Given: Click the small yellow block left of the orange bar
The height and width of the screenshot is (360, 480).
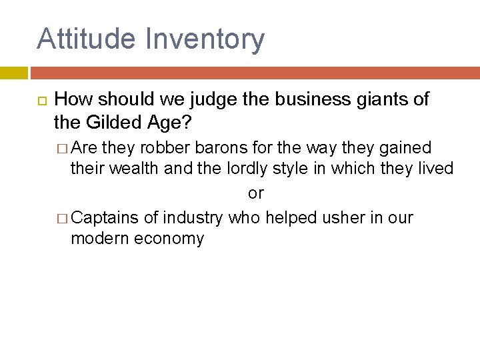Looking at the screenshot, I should point(13,73).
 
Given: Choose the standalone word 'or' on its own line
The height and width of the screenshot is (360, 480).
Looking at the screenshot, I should point(256,193).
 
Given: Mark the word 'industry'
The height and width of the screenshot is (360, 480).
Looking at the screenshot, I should point(193,218).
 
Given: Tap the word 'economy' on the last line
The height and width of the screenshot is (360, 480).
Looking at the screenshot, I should point(169,239).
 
